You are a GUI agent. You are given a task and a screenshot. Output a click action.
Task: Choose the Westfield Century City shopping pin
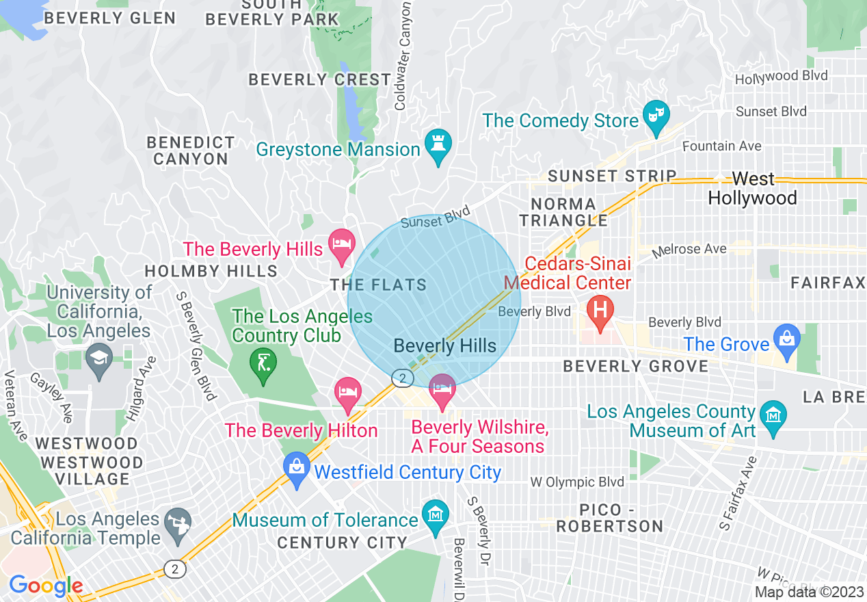(297, 469)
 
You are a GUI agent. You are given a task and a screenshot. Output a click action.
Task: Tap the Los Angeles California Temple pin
(178, 523)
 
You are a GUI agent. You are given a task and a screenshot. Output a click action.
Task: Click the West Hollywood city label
(752, 189)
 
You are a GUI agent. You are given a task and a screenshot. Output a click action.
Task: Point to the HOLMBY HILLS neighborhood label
(211, 272)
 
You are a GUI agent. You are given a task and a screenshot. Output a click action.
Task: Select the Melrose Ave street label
(689, 250)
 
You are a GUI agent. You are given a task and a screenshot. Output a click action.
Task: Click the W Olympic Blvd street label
(577, 482)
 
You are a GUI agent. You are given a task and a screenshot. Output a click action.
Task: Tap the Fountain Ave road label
(721, 146)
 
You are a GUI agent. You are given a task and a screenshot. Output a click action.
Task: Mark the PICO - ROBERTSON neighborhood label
(610, 518)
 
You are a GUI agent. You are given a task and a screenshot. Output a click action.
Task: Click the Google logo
(46, 586)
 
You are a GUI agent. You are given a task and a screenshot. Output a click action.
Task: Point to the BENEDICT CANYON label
(190, 150)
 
